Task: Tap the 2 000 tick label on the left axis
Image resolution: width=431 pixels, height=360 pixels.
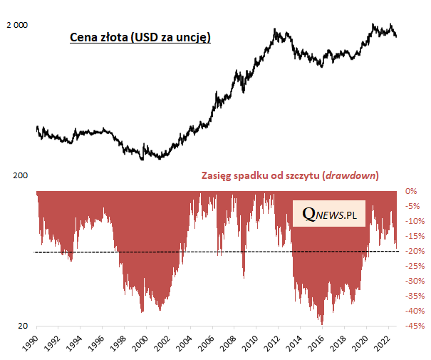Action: coord(16,25)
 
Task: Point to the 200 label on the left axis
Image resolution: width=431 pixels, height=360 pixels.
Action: coord(19,175)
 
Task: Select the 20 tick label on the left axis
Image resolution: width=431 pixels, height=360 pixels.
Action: coord(22,326)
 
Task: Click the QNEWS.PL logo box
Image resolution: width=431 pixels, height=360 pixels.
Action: coord(328,213)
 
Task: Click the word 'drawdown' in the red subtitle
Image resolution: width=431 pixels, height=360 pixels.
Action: coord(351,175)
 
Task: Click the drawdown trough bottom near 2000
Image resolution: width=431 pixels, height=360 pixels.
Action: coord(143,311)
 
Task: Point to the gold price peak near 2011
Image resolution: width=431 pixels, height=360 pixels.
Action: coord(275,30)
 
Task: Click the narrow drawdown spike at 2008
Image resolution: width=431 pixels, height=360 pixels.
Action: coord(244,277)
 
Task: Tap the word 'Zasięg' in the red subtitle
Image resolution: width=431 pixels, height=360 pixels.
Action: coord(218,175)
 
